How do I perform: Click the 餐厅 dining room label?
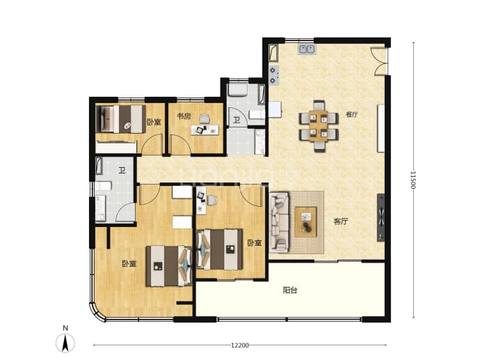[x=352, y=115]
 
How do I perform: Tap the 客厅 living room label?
[x=341, y=221]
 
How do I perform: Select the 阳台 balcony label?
[x=290, y=290]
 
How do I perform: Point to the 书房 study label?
[x=184, y=116]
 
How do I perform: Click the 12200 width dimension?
[x=240, y=345]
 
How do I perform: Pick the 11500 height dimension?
[x=413, y=180]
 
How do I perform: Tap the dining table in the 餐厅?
[x=319, y=125]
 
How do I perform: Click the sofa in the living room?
[x=279, y=222]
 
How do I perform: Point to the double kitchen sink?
[x=307, y=49]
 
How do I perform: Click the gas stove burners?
[x=274, y=75]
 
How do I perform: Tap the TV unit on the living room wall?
[x=381, y=217]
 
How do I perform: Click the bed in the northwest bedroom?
[x=120, y=119]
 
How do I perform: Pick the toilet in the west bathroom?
[x=102, y=186]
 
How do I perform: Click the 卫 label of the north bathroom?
[x=237, y=120]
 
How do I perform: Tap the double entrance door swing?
[x=380, y=61]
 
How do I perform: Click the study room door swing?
[x=181, y=144]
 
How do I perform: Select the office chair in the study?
[x=205, y=119]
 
